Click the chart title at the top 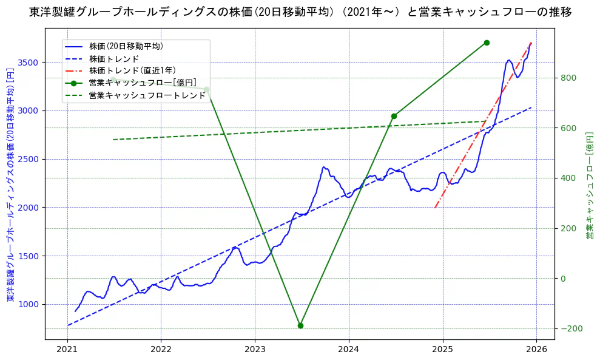click(x=300, y=12)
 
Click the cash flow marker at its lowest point click(x=300, y=325)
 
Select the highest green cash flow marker click(x=487, y=42)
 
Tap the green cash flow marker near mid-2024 click(x=394, y=116)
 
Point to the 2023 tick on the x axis click(x=255, y=350)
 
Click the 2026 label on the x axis click(x=536, y=350)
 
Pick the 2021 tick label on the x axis click(x=67, y=350)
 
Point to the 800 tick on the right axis click(x=568, y=78)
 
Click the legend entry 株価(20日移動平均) click(x=126, y=46)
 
